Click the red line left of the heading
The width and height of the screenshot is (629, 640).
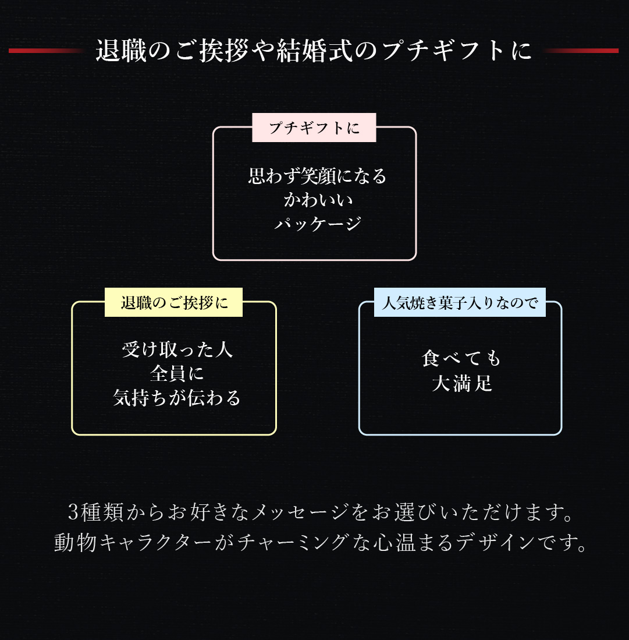point(46,51)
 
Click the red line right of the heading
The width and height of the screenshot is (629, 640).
point(581,51)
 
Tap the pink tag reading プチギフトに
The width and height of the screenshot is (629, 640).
point(314,128)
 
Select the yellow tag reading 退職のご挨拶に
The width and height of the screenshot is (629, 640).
point(174,302)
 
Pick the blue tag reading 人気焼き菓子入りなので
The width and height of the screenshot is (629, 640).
point(460,302)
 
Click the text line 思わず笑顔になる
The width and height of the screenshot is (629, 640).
point(317,176)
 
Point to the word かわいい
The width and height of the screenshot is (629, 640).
point(318,200)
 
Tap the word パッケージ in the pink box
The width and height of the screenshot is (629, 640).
point(318,224)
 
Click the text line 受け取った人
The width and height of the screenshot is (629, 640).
point(177,349)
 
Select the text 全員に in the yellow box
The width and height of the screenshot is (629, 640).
point(177,373)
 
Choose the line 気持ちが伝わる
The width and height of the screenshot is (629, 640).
point(177,398)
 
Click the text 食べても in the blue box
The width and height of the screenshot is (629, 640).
point(461,359)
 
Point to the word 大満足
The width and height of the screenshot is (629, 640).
point(462,384)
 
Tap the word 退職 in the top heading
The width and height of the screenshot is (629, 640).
point(121,51)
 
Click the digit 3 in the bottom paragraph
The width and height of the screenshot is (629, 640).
point(73,512)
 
